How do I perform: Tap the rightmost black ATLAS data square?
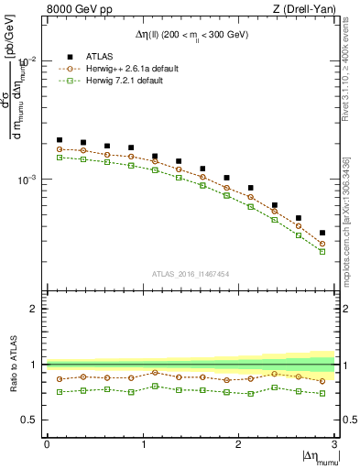322,233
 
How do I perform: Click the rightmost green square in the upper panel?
322,251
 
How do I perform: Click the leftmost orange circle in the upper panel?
60,148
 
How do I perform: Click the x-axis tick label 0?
47,444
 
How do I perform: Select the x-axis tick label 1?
143,444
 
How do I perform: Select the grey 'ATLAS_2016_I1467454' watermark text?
191,273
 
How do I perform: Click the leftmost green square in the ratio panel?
60,392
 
